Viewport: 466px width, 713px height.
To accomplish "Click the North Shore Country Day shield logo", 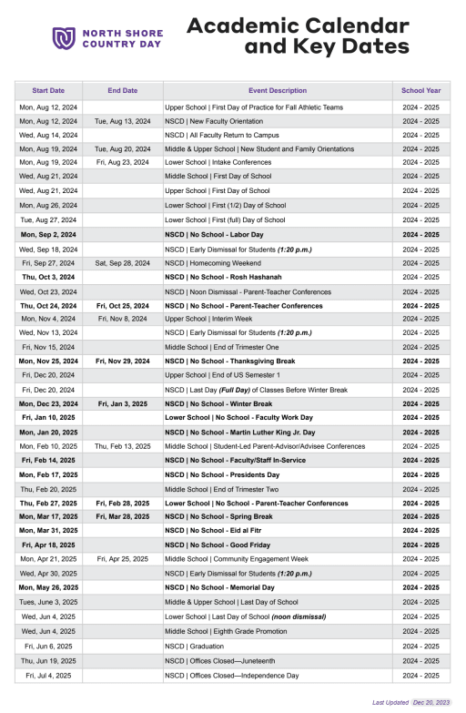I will pyautogui.click(x=63, y=37).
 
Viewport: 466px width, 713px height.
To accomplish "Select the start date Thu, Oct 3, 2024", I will pyautogui.click(x=48, y=277).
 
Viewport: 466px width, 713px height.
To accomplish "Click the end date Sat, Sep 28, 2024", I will pyautogui.click(x=122, y=263).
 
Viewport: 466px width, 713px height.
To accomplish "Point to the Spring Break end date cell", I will pyautogui.click(x=122, y=517).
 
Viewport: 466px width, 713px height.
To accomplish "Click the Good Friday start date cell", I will pyautogui.click(x=48, y=545).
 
